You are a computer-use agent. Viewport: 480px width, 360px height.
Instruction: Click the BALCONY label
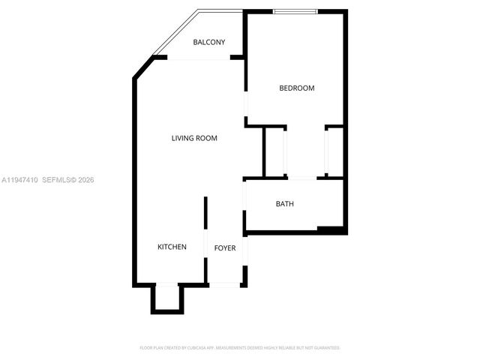[208, 42]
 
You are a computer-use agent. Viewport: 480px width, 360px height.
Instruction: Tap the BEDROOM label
[296, 88]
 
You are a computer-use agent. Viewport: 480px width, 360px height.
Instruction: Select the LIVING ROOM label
[194, 138]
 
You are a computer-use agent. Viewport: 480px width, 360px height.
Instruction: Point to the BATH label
[284, 204]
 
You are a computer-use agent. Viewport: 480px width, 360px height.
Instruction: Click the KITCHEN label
[172, 247]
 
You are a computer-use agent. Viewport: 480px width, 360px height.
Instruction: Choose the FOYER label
[225, 247]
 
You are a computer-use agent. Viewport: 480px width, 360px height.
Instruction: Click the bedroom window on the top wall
[295, 11]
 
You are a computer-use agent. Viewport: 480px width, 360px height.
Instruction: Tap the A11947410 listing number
[19, 180]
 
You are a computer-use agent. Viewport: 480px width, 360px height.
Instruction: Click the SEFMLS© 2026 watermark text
[67, 180]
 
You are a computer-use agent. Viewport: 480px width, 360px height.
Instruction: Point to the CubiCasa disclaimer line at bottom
[240, 348]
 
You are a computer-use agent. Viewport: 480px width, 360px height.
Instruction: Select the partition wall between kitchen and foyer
[205, 225]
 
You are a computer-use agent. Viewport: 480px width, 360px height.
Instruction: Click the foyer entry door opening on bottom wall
[224, 284]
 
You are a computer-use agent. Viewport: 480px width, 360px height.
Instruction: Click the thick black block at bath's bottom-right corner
[330, 229]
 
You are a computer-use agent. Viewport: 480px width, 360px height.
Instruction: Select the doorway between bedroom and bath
[302, 178]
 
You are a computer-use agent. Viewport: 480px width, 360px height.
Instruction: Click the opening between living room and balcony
[198, 58]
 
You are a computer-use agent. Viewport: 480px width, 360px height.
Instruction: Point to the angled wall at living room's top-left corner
[142, 68]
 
